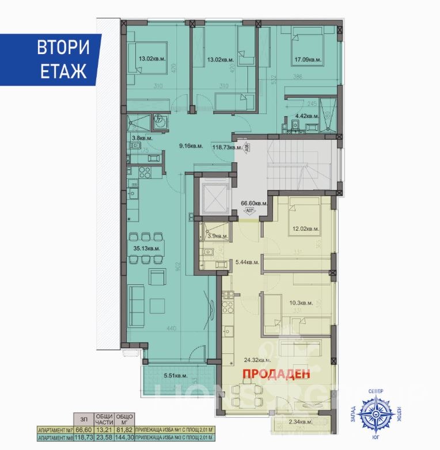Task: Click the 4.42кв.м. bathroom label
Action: coord(307,116)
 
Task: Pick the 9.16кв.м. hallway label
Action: coord(189,146)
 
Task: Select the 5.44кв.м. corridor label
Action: coord(248,262)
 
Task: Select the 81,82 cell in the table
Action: coord(126,429)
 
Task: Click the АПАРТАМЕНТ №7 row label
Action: coord(55,429)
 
